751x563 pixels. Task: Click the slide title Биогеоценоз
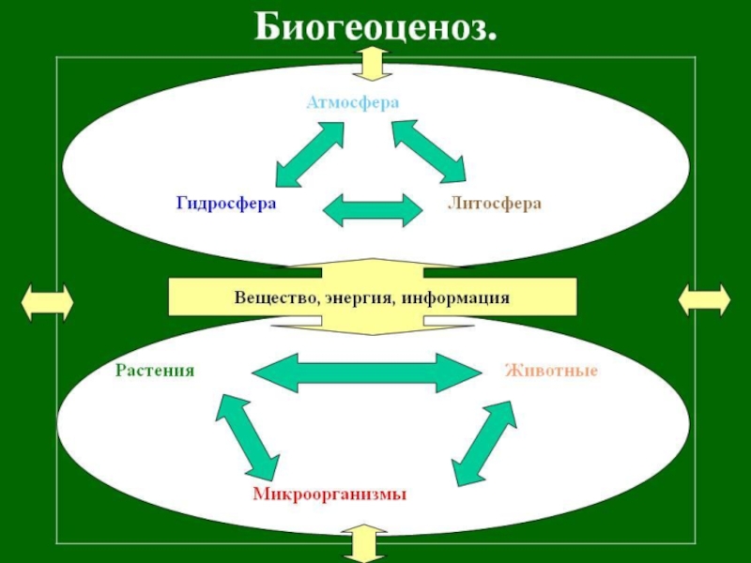(375, 28)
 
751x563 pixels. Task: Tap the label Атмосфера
(353, 101)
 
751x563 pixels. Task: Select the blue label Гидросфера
(225, 203)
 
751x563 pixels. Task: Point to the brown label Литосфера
(495, 203)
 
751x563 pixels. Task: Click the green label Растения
(155, 370)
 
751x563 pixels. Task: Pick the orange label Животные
(552, 370)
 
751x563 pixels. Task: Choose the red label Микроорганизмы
(330, 494)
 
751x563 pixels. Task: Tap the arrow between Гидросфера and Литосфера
(372, 208)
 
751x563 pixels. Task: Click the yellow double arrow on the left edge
(47, 302)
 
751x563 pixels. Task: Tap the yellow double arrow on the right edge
(704, 301)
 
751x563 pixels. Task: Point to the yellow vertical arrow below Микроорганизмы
(366, 544)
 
